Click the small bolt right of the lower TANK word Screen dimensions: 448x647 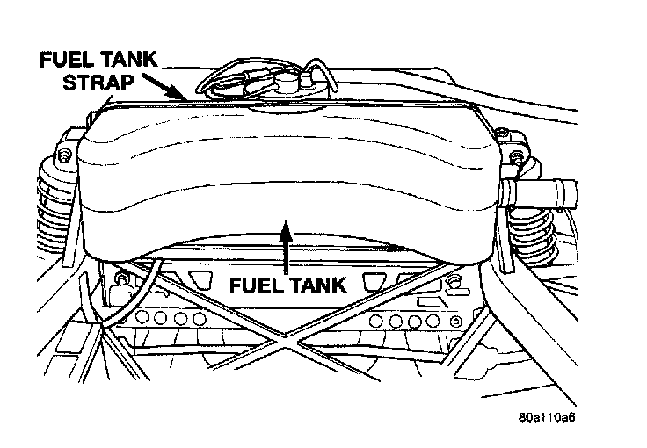point(454,281)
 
